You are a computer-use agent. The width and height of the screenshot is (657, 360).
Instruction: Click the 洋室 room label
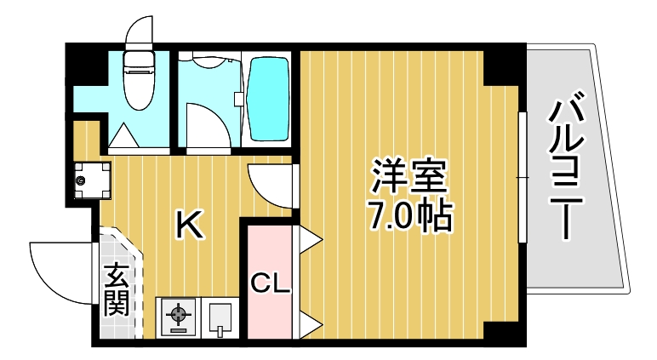click(408, 176)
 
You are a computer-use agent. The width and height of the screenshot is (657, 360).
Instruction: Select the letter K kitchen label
click(188, 226)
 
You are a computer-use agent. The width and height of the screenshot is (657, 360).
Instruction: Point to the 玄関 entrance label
click(117, 289)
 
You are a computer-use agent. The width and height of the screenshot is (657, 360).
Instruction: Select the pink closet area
click(269, 255)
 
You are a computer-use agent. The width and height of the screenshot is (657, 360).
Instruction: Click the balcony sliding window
click(522, 176)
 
